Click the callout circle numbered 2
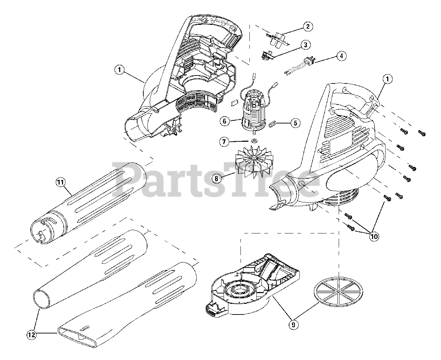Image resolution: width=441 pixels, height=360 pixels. click(308, 26)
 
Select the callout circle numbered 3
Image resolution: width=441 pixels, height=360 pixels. click(305, 44)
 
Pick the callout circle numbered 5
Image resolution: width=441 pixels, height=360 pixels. click(295, 123)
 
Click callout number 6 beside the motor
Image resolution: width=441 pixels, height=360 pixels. click(224, 121)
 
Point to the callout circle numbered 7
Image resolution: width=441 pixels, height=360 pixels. click(224, 141)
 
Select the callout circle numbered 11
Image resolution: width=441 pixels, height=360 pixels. click(61, 182)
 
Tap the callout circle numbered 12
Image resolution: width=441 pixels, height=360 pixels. click(32, 333)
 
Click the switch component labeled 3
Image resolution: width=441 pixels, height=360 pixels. click(267, 56)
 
